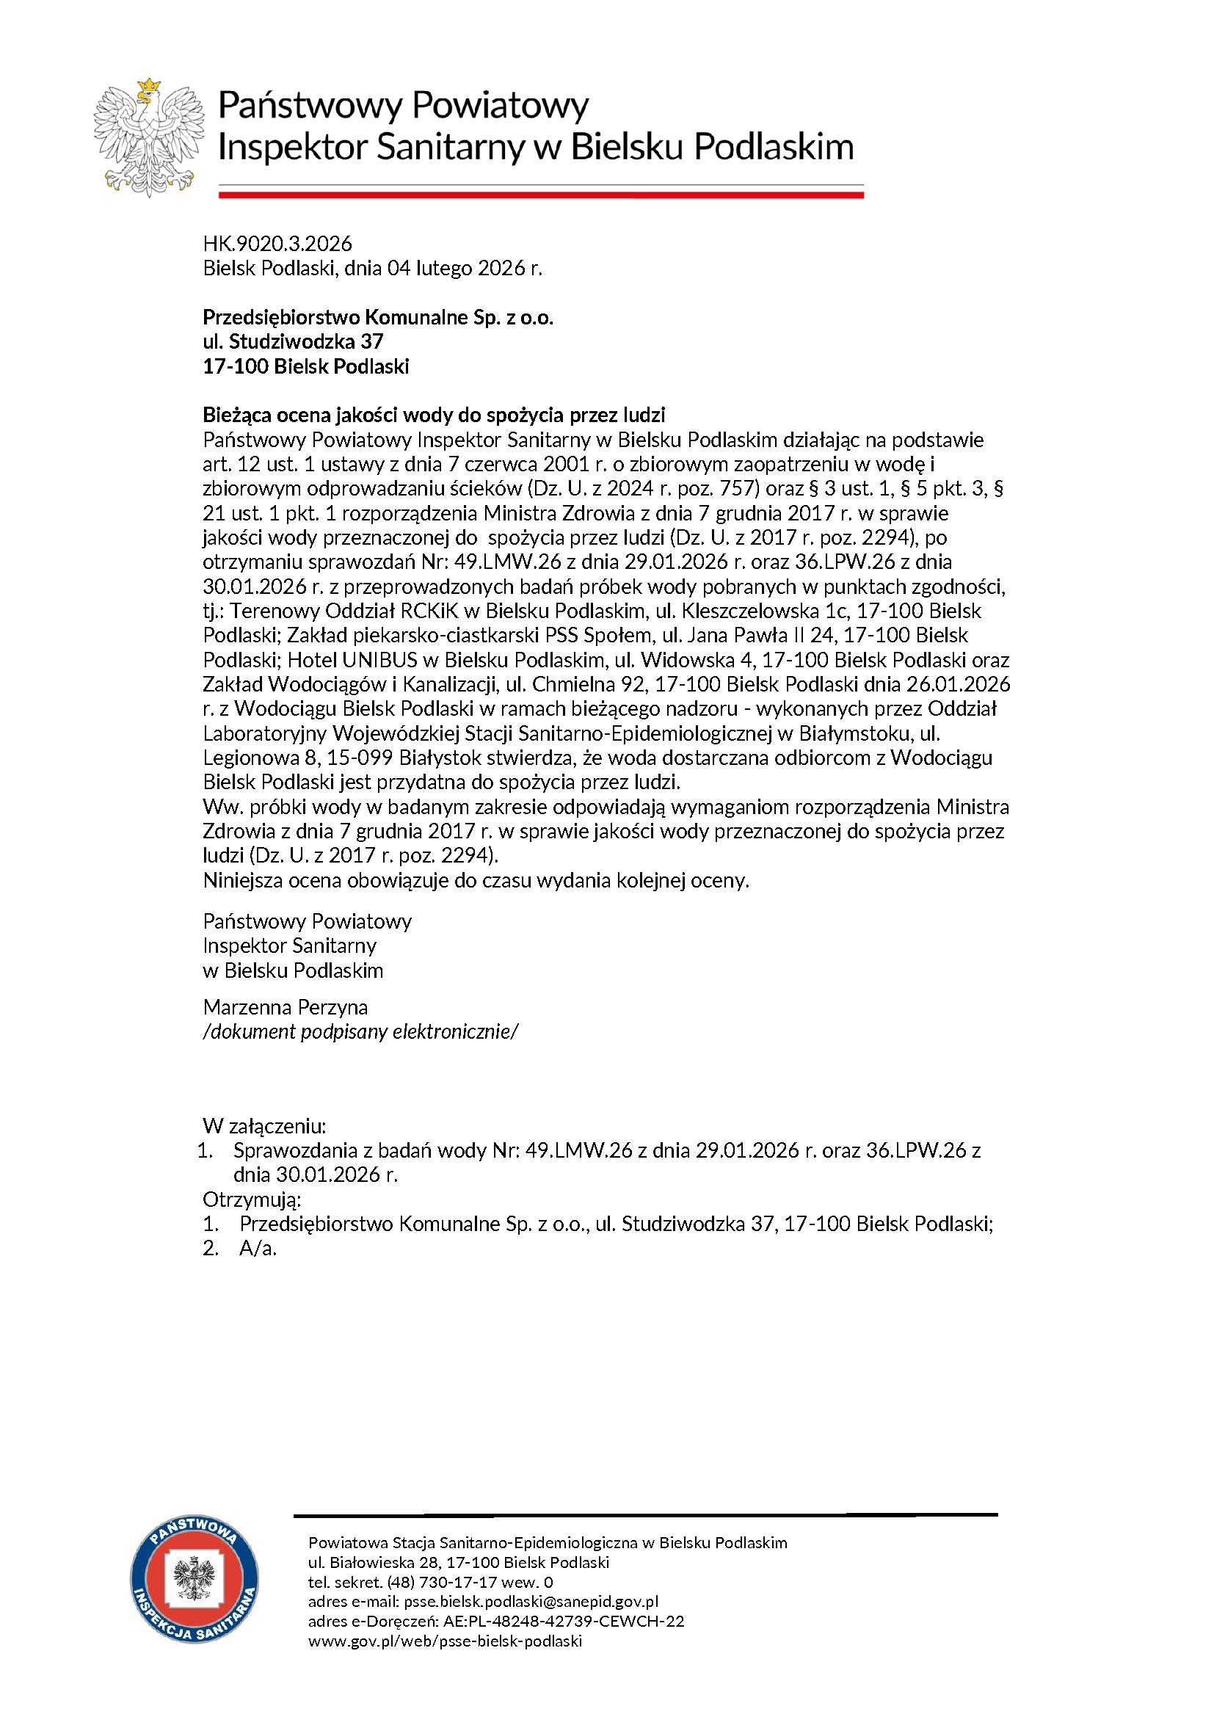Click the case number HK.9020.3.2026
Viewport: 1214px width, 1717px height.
(x=277, y=244)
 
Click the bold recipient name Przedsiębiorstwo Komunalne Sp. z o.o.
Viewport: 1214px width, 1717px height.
(x=378, y=318)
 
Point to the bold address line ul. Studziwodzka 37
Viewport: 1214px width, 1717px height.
(x=293, y=343)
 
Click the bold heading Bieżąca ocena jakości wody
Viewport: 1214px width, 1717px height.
(x=434, y=415)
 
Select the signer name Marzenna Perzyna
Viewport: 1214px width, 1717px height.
(x=286, y=1007)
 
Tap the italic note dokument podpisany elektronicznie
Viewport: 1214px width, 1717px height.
(x=360, y=1032)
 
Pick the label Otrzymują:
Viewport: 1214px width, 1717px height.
(x=252, y=1200)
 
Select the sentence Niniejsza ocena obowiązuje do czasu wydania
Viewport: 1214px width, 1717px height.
(x=476, y=880)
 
